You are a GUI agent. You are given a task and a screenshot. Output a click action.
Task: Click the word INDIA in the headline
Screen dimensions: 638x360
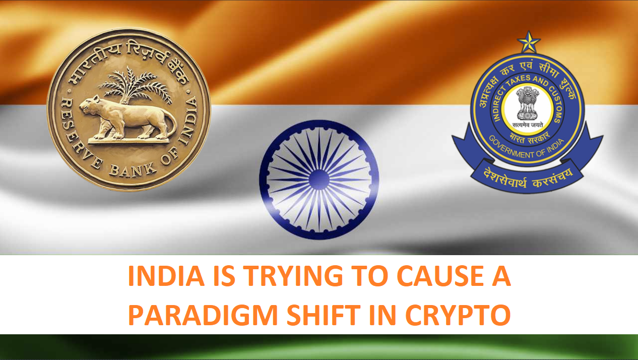pos(166,276)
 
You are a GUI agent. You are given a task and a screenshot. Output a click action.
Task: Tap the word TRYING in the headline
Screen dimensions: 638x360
pos(294,276)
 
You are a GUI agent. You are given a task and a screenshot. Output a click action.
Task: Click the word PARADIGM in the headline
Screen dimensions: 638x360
pos(203,315)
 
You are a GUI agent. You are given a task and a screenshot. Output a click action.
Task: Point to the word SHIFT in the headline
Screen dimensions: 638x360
pos(324,315)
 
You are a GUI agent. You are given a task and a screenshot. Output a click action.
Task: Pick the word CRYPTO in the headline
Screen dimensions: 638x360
pos(458,315)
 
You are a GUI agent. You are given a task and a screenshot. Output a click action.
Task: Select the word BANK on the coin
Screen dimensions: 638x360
pos(133,170)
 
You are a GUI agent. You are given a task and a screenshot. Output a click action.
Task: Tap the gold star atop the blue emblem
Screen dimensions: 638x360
pos(529,42)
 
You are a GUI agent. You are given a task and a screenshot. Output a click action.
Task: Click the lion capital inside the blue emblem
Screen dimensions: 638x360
pos(528,103)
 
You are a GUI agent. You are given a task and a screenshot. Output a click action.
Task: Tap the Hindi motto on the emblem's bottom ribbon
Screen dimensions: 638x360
pos(528,178)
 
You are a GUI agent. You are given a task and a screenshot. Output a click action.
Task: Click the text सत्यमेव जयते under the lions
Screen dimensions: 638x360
pos(528,125)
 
